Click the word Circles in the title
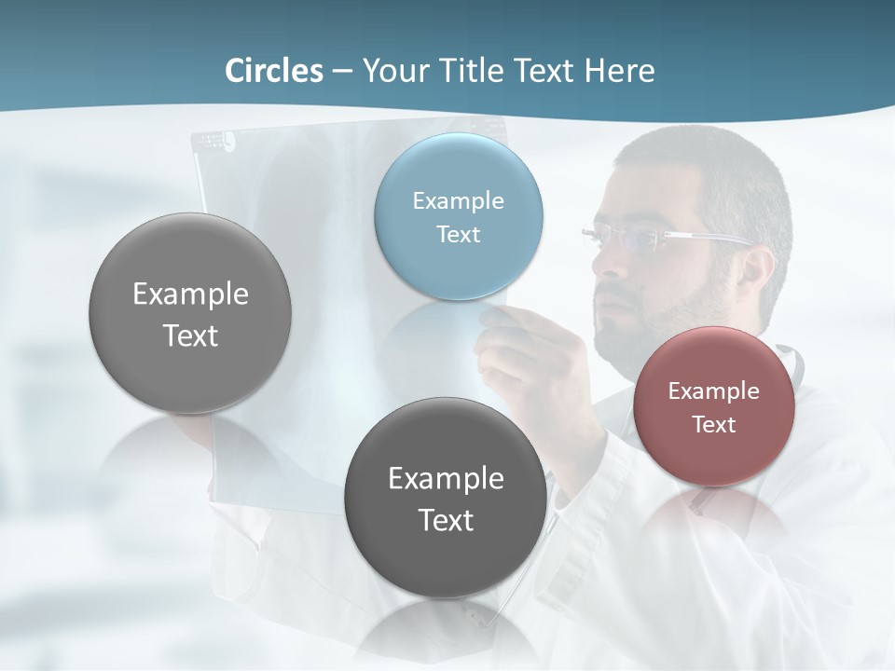pyautogui.click(x=274, y=71)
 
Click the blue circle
pyautogui.click(x=459, y=216)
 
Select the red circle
pyautogui.click(x=714, y=406)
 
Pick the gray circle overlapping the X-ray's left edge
pyautogui.click(x=190, y=313)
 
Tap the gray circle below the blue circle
pyautogui.click(x=446, y=498)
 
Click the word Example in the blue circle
pyautogui.click(x=459, y=200)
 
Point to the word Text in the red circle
pyautogui.click(x=714, y=425)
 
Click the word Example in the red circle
pyautogui.click(x=714, y=391)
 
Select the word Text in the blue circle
pyautogui.click(x=459, y=234)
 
